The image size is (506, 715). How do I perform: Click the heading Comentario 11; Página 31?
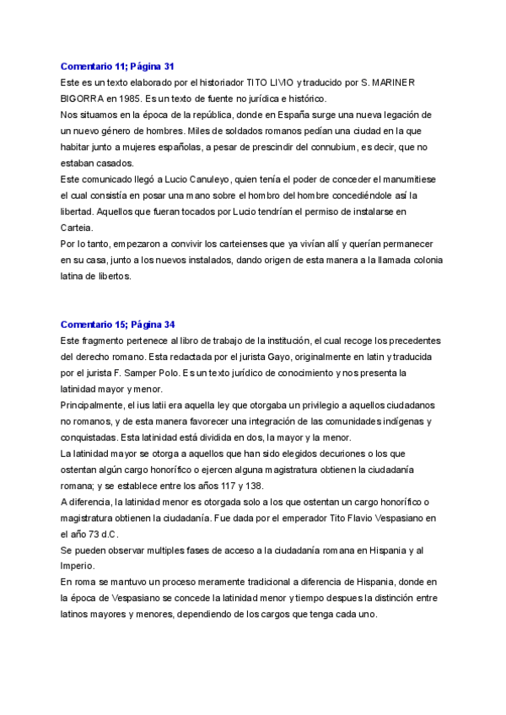coord(117,65)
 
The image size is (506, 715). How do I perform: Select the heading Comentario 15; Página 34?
coord(117,324)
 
